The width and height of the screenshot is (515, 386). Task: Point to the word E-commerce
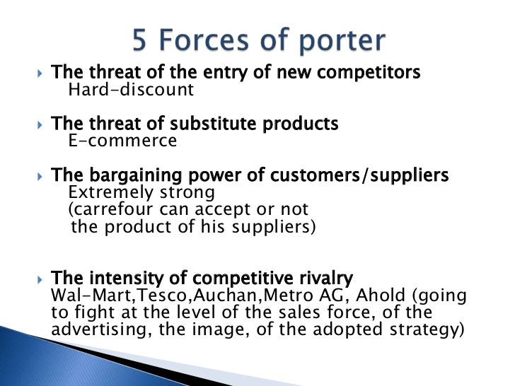tap(122, 141)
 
